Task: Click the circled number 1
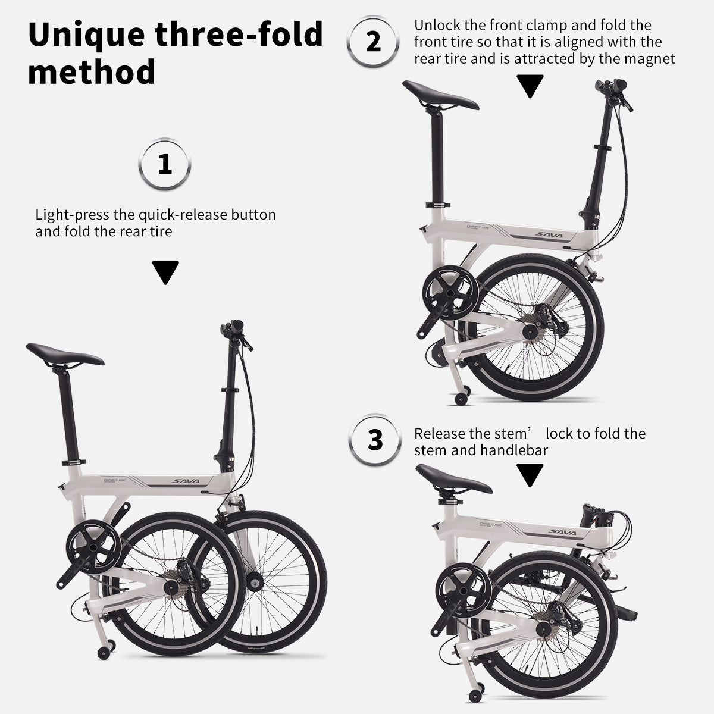point(165,164)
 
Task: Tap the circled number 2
point(373,42)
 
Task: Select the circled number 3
point(375,440)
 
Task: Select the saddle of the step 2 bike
point(440,95)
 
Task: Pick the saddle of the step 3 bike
point(454,479)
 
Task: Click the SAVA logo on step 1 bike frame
point(186,481)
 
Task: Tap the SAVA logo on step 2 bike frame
point(549,235)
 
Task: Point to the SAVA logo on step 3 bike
point(562,533)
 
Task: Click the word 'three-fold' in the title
point(239,35)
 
